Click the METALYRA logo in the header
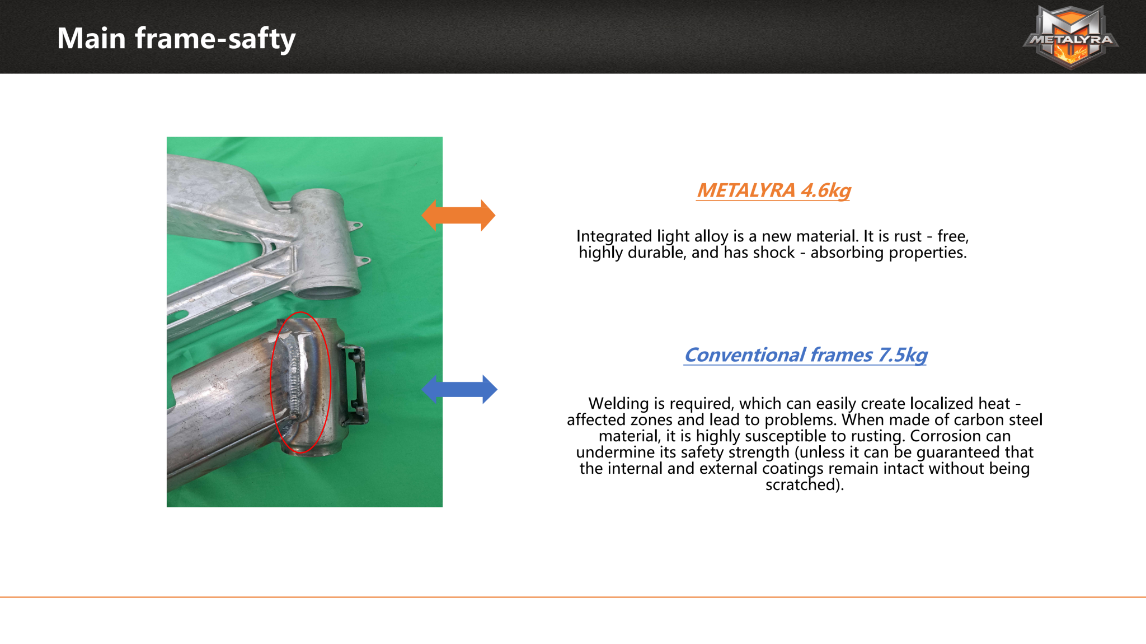tap(1070, 37)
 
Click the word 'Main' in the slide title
tap(91, 38)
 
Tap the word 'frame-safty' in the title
tap(215, 39)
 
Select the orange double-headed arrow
tap(458, 216)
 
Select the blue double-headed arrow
tap(459, 389)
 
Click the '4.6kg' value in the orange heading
tap(826, 191)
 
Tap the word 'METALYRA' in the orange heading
tap(746, 190)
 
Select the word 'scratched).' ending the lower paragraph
tap(805, 484)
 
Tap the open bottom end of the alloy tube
tap(327, 291)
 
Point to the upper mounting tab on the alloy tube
tap(355, 226)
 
